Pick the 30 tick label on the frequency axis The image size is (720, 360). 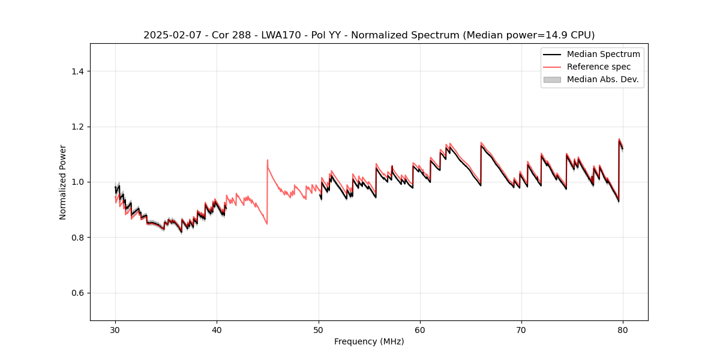115,330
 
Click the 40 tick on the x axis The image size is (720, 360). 217,330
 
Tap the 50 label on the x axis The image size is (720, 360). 318,330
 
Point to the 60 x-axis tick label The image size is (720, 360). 420,330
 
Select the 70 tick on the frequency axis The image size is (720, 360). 521,330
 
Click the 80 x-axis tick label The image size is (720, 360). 623,330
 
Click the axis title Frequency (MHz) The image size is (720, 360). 369,341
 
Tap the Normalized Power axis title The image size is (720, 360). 63,182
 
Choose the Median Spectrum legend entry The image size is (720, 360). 603,54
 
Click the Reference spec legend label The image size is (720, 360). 599,67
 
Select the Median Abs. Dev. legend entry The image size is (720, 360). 602,79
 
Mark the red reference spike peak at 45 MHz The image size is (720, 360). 268,160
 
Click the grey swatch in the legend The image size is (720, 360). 552,79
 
